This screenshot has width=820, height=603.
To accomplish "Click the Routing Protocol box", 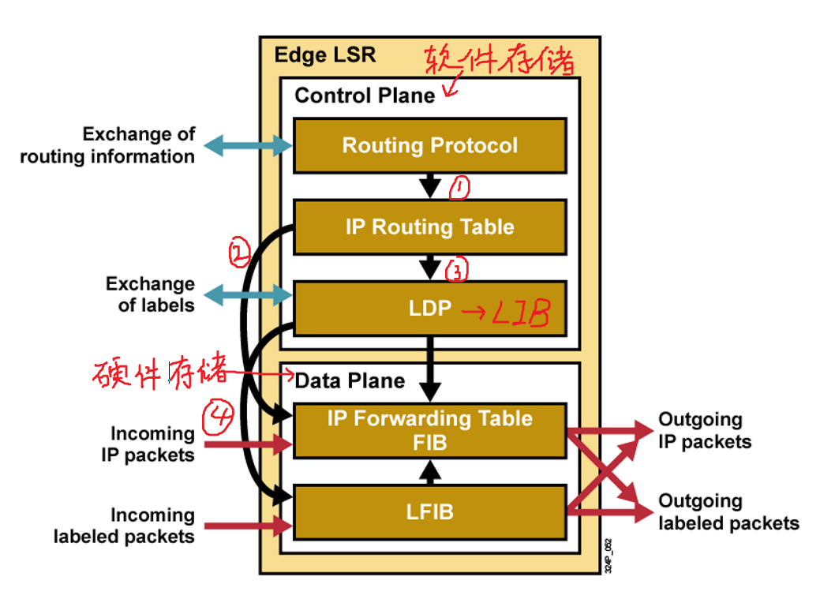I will [430, 146].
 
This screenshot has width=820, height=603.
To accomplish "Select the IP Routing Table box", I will [430, 227].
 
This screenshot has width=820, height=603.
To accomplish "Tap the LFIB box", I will [430, 511].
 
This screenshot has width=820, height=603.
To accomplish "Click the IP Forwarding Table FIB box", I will [430, 430].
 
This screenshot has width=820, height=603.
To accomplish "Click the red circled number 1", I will [459, 188].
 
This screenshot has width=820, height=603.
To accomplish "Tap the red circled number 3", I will [457, 271].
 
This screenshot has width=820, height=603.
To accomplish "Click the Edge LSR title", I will [325, 55].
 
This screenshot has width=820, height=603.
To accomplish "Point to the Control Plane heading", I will [365, 96].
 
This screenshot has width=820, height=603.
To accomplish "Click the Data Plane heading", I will [350, 380].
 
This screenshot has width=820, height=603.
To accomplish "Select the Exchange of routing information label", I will [107, 145].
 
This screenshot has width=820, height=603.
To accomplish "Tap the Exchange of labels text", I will [150, 294].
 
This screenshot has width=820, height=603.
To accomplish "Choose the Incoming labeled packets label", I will [124, 526].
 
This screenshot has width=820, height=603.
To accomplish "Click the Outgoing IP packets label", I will [704, 430].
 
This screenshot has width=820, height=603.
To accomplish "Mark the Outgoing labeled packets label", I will [728, 511].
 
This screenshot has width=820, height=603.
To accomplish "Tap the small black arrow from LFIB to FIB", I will [429, 472].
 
